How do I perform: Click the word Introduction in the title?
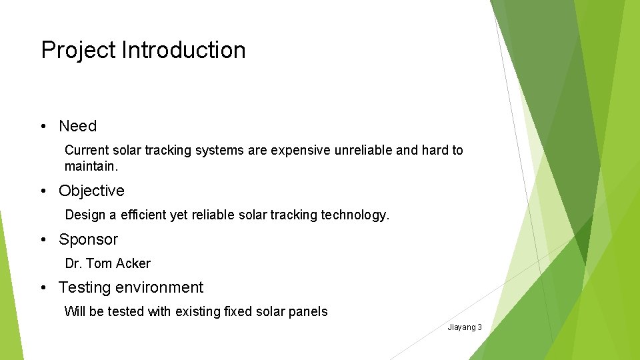pos(183,50)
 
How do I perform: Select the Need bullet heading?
pos(77,126)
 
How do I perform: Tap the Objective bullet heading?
pos(91,191)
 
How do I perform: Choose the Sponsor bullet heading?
pos(88,239)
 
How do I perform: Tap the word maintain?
pos(91,165)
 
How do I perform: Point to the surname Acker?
pos(133,263)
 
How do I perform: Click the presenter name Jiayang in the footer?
pos(461,327)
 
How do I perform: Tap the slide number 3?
pos(479,327)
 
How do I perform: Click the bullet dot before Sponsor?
pos(43,240)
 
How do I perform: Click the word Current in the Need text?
pos(86,151)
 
